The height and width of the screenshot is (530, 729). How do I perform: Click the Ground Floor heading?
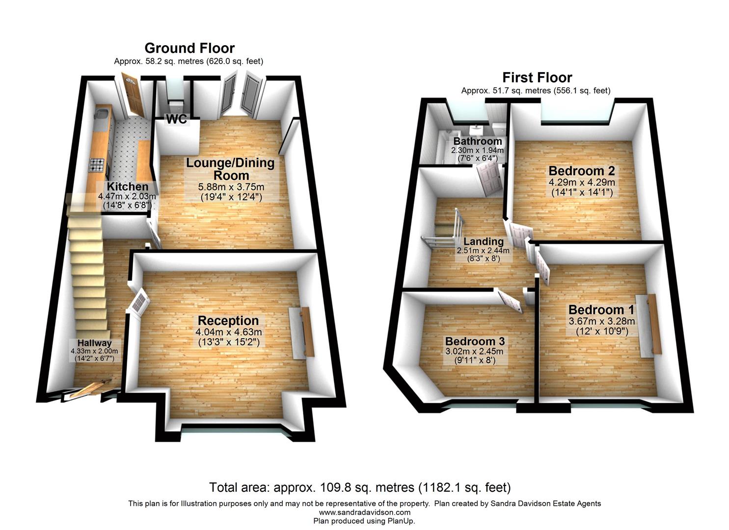click(189, 48)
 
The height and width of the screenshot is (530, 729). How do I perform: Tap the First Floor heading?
click(537, 78)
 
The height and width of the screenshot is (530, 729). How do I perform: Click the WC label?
click(177, 119)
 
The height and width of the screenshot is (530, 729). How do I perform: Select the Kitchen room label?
click(128, 187)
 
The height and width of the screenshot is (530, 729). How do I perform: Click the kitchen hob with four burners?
click(97, 165)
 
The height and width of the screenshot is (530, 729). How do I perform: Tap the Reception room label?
click(228, 321)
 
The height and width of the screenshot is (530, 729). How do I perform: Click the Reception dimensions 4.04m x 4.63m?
click(228, 332)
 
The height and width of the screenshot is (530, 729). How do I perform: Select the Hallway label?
click(94, 344)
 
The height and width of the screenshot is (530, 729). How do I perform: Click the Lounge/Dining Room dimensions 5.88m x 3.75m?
click(230, 187)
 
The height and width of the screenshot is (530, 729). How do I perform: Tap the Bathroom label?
click(478, 142)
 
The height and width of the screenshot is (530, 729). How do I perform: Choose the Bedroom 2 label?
click(582, 171)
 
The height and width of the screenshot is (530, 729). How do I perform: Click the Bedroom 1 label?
click(601, 310)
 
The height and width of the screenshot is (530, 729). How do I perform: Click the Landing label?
click(484, 241)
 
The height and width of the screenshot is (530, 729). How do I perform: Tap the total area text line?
click(360, 488)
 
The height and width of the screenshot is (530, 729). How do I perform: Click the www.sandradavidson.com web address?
click(364, 512)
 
